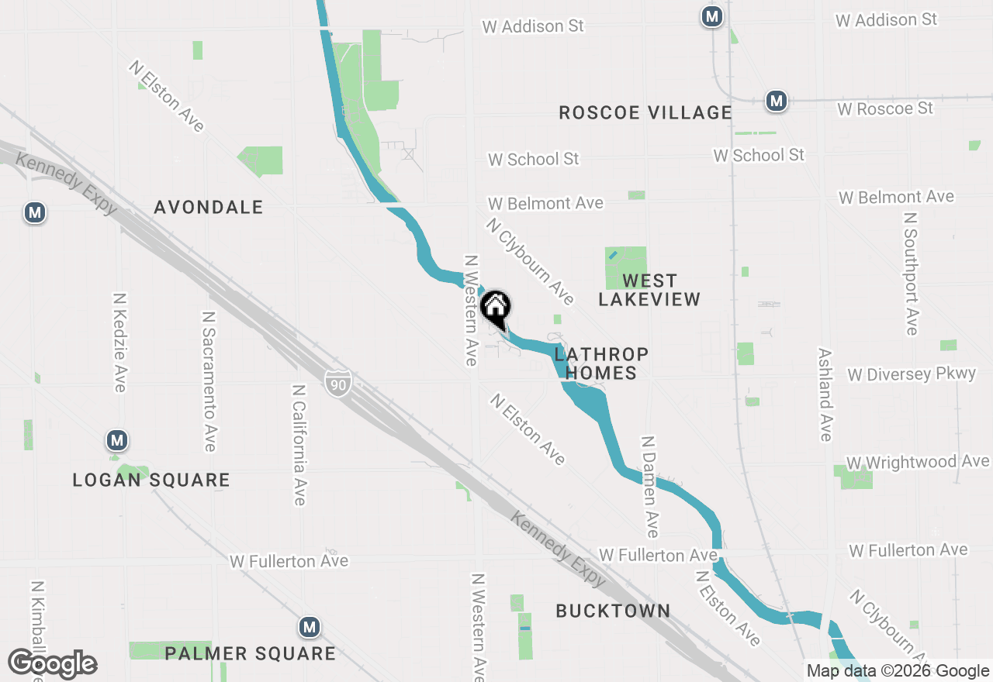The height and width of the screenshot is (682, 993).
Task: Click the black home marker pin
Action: (496, 308)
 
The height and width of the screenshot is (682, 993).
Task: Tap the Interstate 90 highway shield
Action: (338, 383)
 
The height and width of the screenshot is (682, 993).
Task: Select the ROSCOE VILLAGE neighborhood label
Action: (645, 113)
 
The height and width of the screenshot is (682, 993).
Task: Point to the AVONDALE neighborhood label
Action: (209, 208)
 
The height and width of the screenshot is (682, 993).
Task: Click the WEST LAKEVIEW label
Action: (649, 290)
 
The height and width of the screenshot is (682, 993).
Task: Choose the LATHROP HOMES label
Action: (601, 363)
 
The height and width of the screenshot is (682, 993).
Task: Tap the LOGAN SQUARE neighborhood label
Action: (151, 480)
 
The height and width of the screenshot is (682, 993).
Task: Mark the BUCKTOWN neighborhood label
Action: (613, 611)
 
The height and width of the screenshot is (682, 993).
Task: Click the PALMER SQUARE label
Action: (251, 654)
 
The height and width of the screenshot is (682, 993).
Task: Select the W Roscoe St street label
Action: (885, 108)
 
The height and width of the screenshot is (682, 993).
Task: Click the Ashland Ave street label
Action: (825, 394)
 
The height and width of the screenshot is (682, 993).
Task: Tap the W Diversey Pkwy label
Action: (912, 374)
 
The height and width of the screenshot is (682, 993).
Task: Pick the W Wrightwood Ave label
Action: (918, 463)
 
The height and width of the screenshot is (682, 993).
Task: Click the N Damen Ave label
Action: (649, 487)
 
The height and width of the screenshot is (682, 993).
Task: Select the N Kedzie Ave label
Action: (119, 343)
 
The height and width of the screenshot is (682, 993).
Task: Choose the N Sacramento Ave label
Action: (208, 381)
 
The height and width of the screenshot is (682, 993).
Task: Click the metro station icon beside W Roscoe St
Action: (776, 101)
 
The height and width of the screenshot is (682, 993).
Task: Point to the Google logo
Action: (53, 664)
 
